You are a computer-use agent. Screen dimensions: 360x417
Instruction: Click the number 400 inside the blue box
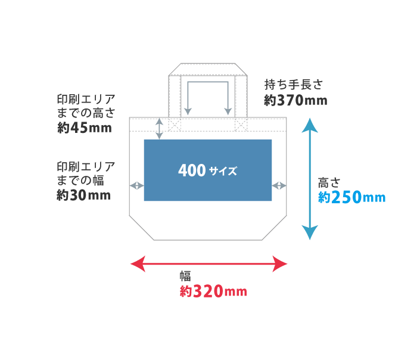tap(191, 171)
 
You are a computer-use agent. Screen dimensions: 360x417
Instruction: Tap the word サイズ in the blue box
tap(223, 172)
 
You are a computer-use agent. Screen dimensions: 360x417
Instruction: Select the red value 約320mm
tap(213, 292)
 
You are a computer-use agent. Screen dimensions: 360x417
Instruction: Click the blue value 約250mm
tap(351, 197)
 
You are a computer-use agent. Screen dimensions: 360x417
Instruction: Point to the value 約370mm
tap(296, 101)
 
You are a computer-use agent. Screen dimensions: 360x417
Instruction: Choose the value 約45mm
tap(85, 127)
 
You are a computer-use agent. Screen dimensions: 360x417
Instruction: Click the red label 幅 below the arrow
tap(186, 276)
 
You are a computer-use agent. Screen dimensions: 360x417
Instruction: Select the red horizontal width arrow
tap(208, 263)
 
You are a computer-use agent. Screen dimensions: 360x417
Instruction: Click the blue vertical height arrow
tap(309, 179)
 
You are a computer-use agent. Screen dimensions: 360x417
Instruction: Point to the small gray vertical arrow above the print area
tap(159, 129)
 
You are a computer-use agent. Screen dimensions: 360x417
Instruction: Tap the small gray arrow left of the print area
tap(136, 186)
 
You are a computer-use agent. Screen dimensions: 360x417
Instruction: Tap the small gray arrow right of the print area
tap(279, 186)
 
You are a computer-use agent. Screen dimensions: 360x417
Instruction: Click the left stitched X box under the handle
tap(175, 124)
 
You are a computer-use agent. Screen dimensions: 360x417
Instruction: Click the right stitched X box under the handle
tap(241, 124)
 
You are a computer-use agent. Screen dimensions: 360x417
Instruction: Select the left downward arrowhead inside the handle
tap(188, 111)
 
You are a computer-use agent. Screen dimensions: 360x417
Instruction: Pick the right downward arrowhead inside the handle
tap(228, 111)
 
